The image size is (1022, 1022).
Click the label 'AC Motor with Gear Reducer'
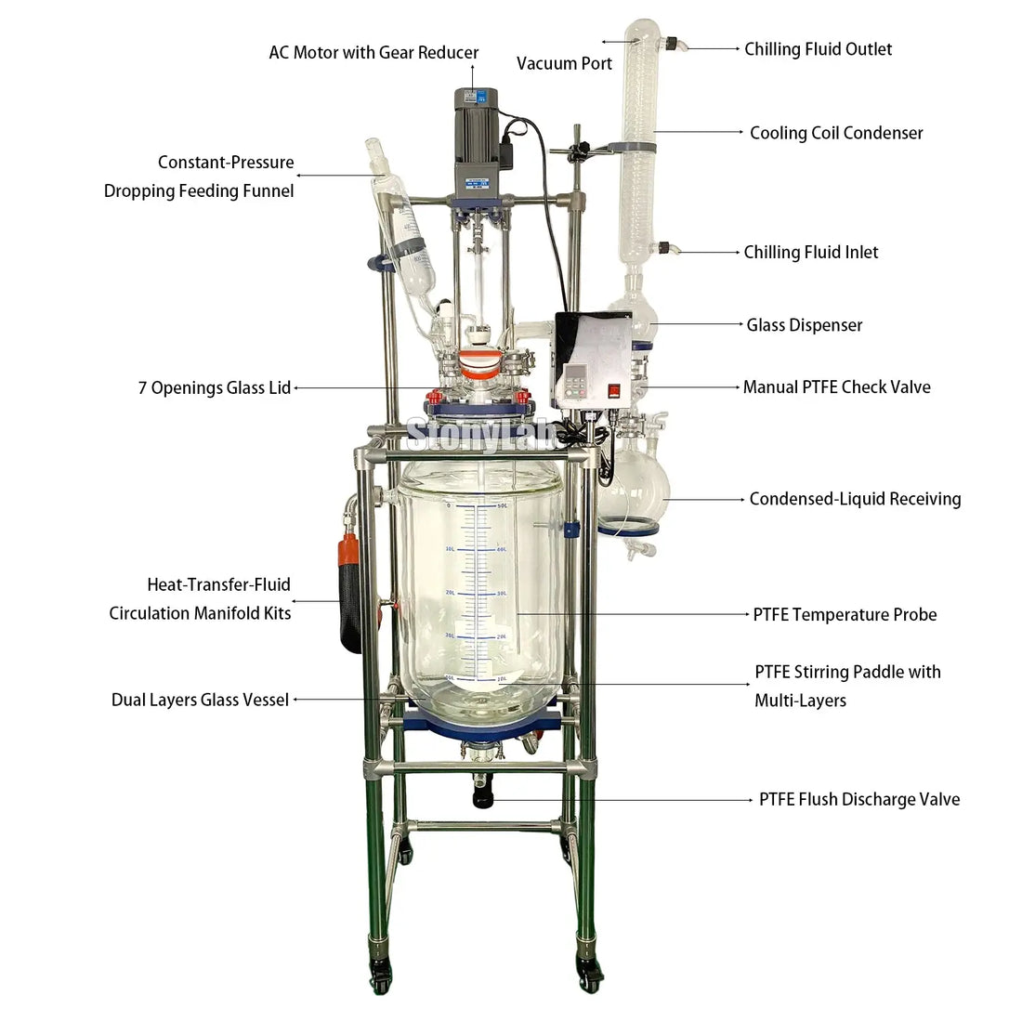point(373,53)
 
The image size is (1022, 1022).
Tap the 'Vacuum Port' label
point(565,64)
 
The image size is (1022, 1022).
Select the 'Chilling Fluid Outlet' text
point(818,49)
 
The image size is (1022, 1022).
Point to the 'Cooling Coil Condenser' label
point(836,133)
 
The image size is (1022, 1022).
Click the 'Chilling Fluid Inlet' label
point(811,252)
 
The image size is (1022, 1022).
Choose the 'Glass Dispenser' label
point(805,325)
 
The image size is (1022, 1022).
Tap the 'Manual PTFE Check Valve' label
point(837,387)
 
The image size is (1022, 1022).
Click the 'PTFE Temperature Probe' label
point(845,615)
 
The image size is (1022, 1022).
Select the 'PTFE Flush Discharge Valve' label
point(859,800)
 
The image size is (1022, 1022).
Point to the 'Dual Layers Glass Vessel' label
point(200,700)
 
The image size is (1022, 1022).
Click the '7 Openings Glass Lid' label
point(215,387)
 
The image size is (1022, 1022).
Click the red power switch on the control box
point(614,390)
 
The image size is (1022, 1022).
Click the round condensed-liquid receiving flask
point(633,485)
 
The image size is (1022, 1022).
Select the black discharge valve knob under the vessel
point(483,798)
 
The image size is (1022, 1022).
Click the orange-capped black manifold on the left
point(350,593)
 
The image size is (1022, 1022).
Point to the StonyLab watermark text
point(480,434)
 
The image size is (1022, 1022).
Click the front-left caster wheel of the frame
point(379,975)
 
